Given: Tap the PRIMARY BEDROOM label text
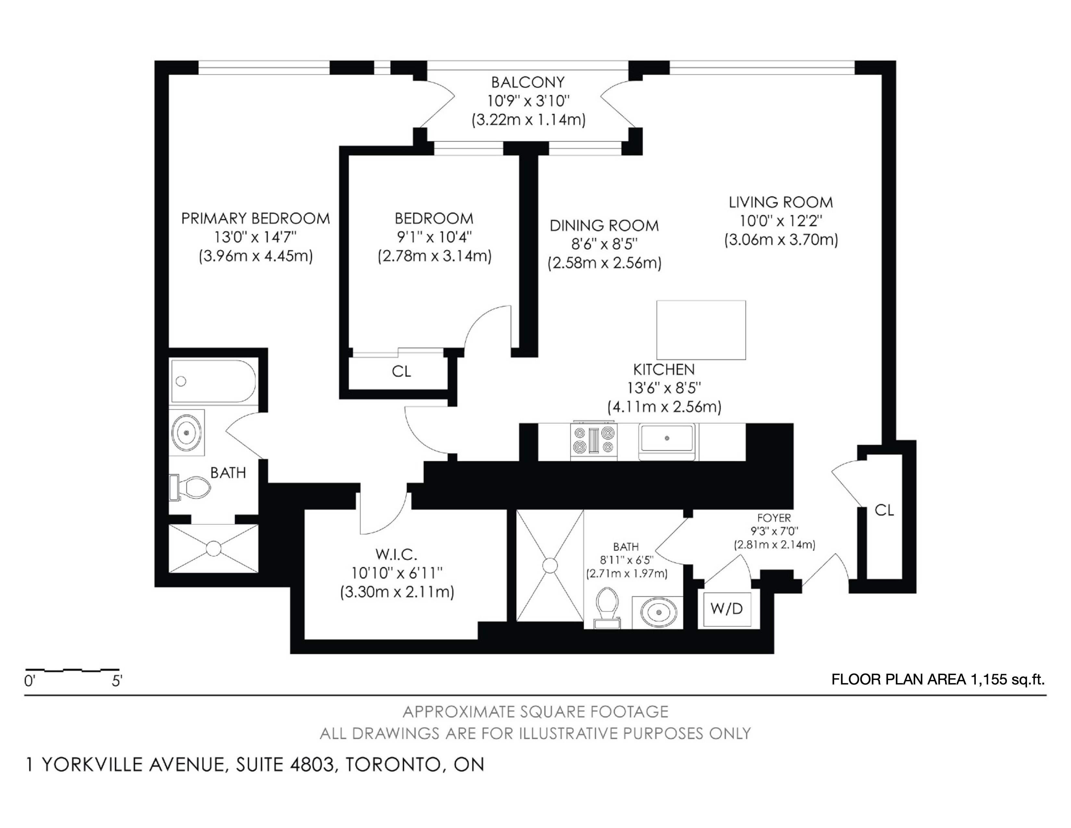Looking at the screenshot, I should tap(255, 218).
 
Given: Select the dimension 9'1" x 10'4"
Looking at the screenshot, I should tap(434, 237).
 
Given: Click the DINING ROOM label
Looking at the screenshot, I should tap(604, 226).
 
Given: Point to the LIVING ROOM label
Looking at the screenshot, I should tap(781, 202).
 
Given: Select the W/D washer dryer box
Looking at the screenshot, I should tap(727, 609).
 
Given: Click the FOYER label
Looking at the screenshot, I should tap(774, 518).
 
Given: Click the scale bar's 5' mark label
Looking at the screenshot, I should tap(117, 681).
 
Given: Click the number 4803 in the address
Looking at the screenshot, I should tap(312, 765).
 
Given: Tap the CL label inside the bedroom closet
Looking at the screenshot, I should tap(401, 372).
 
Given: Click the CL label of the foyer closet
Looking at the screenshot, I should tap(884, 511).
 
